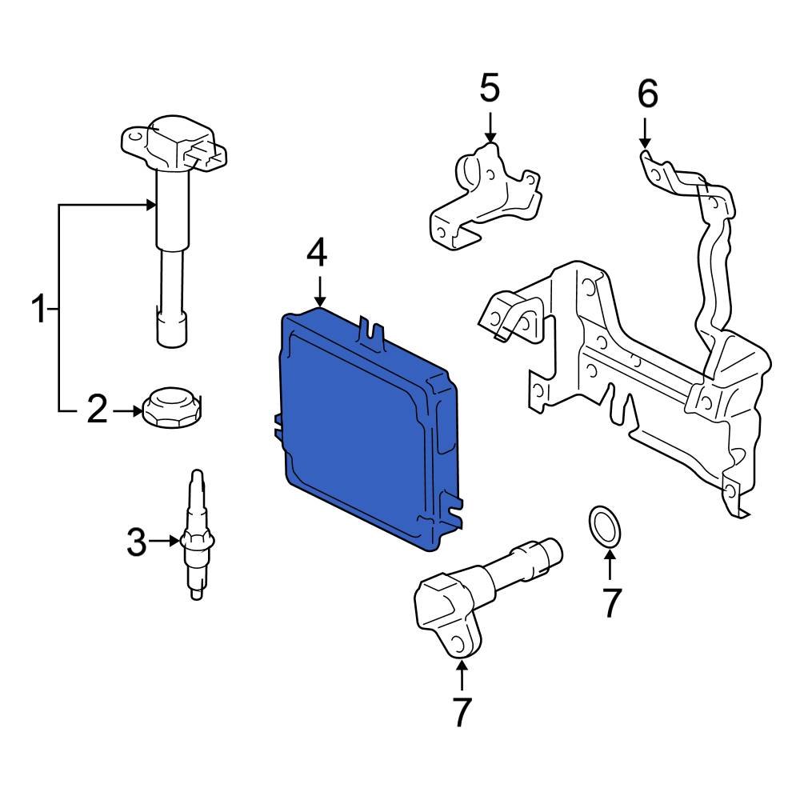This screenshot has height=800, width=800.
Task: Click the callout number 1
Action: point(38,309)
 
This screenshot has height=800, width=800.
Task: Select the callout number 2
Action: point(96,411)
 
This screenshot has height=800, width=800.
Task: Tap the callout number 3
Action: point(137,543)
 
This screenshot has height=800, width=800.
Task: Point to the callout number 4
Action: point(318,254)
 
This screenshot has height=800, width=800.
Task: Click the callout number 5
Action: point(490,88)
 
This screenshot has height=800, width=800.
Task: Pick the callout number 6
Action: point(647,94)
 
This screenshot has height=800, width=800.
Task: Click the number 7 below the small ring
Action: point(610,602)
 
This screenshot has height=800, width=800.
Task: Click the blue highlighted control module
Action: point(364,432)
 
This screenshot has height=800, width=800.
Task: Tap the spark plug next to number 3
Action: point(196,536)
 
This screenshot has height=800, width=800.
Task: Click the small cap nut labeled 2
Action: point(170,408)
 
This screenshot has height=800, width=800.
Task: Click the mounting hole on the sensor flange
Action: point(455,642)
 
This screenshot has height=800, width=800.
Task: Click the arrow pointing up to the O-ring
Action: point(609,566)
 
